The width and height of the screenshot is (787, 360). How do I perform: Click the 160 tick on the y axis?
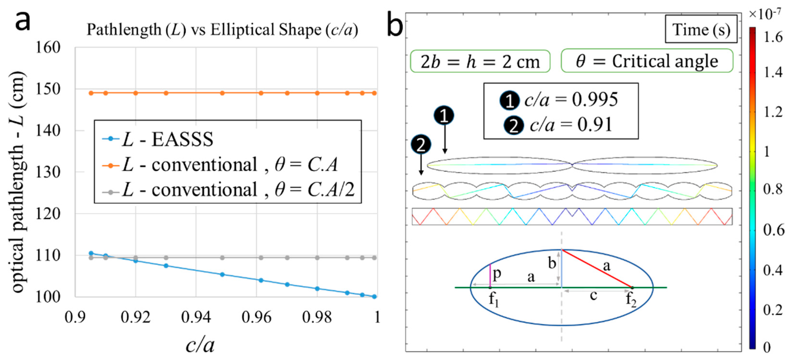(48, 48)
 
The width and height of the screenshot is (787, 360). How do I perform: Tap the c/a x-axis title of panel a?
(200, 345)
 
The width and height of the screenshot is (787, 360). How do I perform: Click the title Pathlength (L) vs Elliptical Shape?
(222, 30)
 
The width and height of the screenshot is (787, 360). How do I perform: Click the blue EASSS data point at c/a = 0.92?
(136, 261)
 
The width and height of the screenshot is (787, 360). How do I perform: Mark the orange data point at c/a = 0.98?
(317, 93)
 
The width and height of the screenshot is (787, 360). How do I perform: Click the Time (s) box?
(701, 30)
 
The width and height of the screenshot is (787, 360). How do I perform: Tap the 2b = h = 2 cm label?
(480, 62)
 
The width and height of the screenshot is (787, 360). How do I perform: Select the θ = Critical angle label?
(647, 61)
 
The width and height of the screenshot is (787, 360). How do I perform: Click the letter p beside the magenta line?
(497, 274)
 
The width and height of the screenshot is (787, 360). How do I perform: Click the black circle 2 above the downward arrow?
(421, 145)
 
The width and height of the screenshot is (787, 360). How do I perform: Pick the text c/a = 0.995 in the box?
(571, 100)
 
